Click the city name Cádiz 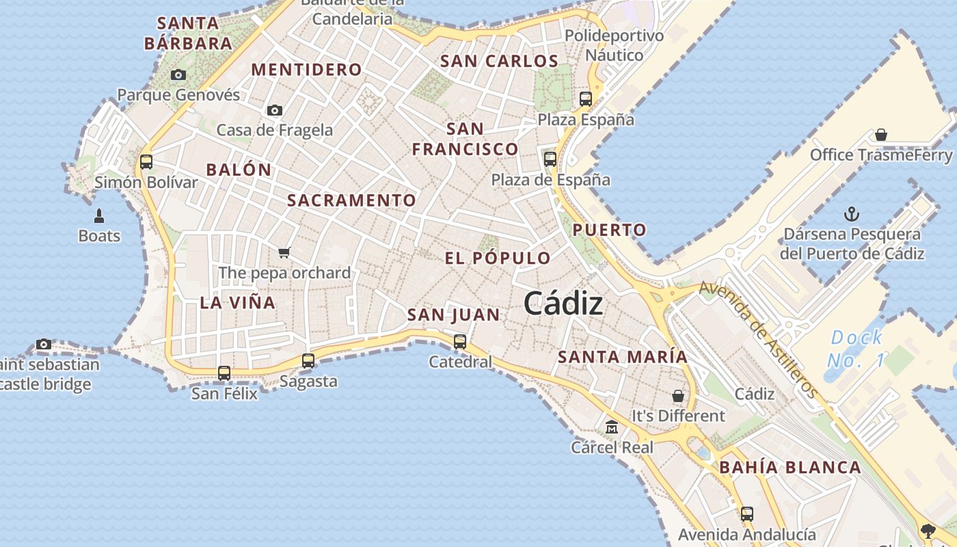click(x=563, y=304)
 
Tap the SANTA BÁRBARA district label click(x=188, y=33)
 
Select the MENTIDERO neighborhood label click(x=307, y=69)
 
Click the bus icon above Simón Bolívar click(x=146, y=162)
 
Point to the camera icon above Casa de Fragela click(x=275, y=110)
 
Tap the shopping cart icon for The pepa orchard click(x=284, y=253)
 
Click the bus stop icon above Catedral click(x=460, y=341)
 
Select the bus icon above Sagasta click(x=308, y=361)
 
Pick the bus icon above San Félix click(x=224, y=373)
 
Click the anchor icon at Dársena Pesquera click(x=852, y=214)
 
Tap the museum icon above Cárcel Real click(x=612, y=427)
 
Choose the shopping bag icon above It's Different click(x=677, y=396)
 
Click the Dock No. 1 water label click(x=856, y=349)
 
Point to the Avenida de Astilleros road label click(x=758, y=339)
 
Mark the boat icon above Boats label click(x=99, y=216)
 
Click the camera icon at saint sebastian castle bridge click(x=44, y=344)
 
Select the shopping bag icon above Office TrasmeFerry click(x=881, y=135)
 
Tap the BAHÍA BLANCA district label click(x=790, y=468)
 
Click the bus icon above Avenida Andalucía click(x=747, y=513)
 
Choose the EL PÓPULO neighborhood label click(x=498, y=258)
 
